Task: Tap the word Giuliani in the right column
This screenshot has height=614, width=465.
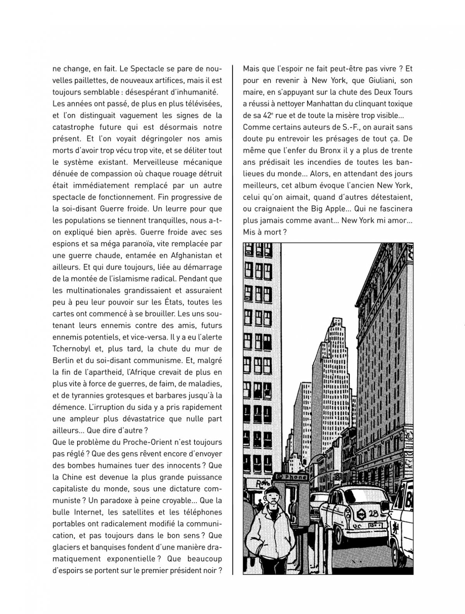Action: (372, 81)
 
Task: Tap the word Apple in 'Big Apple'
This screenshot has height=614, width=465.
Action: (334, 208)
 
